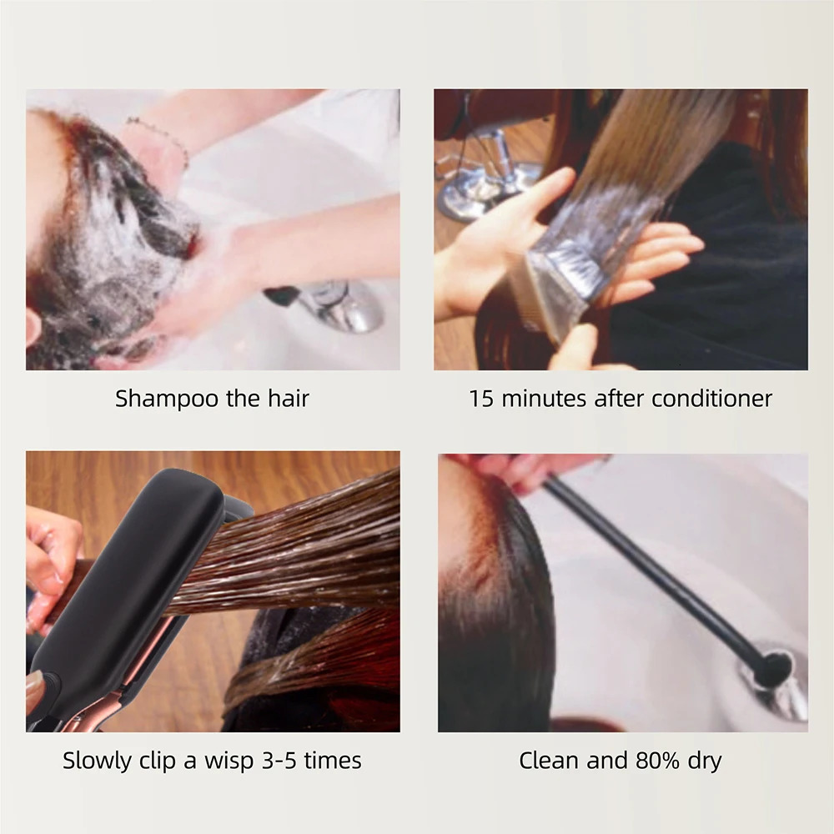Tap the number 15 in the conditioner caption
click(480, 398)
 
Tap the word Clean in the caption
click(546, 760)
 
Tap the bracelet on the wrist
click(158, 138)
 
